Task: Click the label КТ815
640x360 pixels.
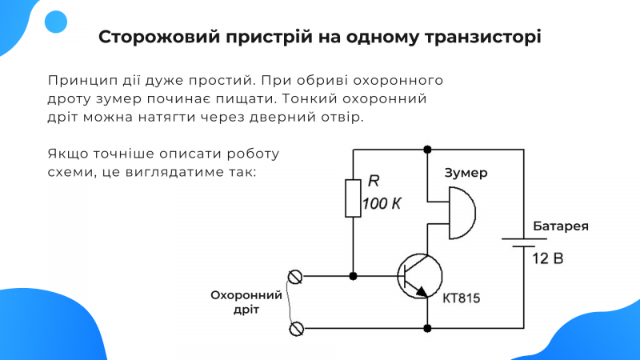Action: click(x=462, y=298)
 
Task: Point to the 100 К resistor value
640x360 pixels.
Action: click(x=382, y=204)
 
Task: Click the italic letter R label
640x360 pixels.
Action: click(x=374, y=181)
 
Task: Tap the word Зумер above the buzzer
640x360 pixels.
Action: click(x=466, y=173)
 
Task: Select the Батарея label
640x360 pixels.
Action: click(x=561, y=226)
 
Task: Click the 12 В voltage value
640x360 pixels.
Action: click(x=548, y=258)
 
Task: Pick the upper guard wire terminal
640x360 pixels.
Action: click(x=294, y=277)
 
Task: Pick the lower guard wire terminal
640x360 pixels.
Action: click(x=296, y=329)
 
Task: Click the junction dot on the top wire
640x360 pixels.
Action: click(x=427, y=150)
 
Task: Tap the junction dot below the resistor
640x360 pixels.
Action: click(x=353, y=276)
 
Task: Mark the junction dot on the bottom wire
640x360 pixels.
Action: click(x=427, y=328)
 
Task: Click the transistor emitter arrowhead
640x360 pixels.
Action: click(x=422, y=291)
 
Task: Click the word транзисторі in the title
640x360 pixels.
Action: click(x=483, y=37)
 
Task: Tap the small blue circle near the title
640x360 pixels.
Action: click(x=56, y=22)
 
